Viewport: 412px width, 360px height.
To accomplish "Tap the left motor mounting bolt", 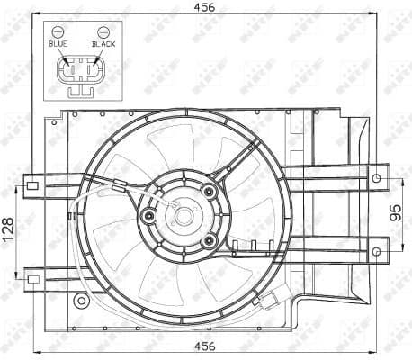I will (148, 216).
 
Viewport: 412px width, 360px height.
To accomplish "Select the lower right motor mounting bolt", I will (210, 241).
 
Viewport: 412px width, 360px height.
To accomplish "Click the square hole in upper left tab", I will (32, 187).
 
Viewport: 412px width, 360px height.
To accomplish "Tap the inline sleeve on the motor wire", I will (120, 188).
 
